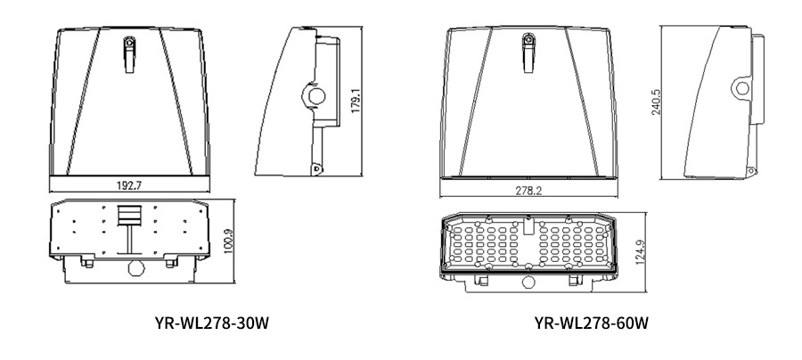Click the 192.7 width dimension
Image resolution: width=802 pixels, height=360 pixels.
(x=129, y=185)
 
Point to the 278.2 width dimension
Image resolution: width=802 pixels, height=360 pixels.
(x=528, y=191)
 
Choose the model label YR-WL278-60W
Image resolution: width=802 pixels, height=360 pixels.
(x=591, y=321)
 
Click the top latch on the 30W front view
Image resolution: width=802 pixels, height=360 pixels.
(x=129, y=43)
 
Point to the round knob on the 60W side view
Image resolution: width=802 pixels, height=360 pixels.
(x=742, y=87)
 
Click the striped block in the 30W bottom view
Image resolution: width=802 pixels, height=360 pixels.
(x=129, y=216)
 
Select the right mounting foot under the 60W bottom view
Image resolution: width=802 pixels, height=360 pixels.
(x=574, y=280)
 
